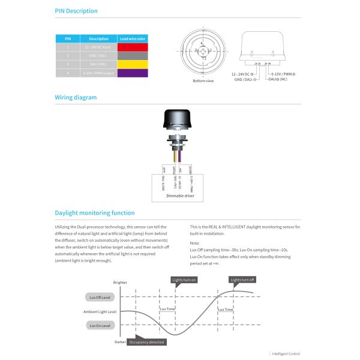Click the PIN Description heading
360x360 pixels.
(x=76, y=11)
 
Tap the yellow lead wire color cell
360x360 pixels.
(x=131, y=64)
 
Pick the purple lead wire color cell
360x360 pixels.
(x=131, y=73)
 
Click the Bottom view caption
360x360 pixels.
(x=203, y=80)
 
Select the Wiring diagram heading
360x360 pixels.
(x=76, y=97)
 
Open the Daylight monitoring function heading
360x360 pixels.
(x=95, y=213)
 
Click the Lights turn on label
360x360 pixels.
(x=184, y=280)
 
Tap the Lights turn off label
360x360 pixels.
(x=242, y=280)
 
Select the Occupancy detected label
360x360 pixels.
(x=146, y=341)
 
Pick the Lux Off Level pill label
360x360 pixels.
(x=100, y=297)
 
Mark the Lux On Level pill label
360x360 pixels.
(x=100, y=325)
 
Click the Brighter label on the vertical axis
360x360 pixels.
(x=120, y=283)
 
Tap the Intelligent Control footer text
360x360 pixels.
(x=286, y=354)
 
